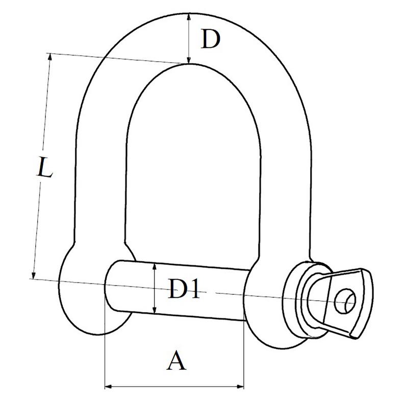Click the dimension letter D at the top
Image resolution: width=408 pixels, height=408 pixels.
pos(210,39)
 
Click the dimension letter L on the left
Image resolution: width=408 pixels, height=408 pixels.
pos(45,167)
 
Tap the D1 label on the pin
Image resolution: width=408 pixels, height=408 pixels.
pos(184,288)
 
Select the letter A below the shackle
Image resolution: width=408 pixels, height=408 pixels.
pos(176,360)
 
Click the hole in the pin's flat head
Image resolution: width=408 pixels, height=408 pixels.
pos(345,301)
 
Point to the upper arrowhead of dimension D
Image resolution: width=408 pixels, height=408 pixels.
pos(189,17)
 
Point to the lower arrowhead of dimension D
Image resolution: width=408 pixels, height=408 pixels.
pos(189,60)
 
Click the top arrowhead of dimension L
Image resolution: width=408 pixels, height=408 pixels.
pos(49,57)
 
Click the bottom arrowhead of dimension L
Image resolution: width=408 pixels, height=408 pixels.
pos(33,275)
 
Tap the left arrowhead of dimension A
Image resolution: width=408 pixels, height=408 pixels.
pos(109,387)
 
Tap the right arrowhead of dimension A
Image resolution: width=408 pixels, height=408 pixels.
pos(240,387)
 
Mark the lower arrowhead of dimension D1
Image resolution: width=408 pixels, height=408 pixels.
pos(155,310)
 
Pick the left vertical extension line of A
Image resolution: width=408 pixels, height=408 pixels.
pos(105,343)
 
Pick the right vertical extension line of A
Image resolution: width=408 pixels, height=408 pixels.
pos(244,354)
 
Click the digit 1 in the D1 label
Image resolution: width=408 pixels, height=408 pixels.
pos(194,288)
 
